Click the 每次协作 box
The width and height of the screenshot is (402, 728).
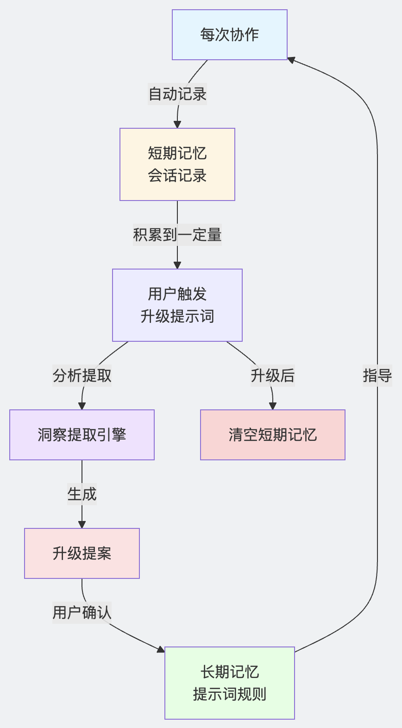pos(230,35)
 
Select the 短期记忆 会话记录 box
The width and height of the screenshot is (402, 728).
pos(177,164)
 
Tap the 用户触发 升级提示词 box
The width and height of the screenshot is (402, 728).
pos(177,305)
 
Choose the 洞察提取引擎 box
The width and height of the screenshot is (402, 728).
pos(82,435)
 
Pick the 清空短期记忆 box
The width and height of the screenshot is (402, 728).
pos(273,435)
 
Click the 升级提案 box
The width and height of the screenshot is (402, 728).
pos(82,553)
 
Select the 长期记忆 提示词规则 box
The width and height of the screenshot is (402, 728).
pos(230,683)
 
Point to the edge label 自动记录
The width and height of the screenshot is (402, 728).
pos(177,94)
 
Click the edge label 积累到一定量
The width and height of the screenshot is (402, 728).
pos(177,235)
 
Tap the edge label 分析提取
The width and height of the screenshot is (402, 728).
pos(82,376)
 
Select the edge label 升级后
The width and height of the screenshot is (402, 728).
pos(273,376)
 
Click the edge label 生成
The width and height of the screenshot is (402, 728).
pos(82,494)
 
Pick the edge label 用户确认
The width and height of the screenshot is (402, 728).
pos(82,613)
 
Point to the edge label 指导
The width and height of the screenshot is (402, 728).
pos(377,376)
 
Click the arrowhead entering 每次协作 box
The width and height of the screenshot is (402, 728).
pos(291,59)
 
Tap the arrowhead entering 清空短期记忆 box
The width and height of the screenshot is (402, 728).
pos(273,406)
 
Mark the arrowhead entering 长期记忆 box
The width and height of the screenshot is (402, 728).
pos(161,650)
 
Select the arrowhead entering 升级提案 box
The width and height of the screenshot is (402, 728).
pos(82,525)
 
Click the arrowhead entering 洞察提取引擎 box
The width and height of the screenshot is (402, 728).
pos(82,406)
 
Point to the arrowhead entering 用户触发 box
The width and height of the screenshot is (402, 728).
pos(177,265)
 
